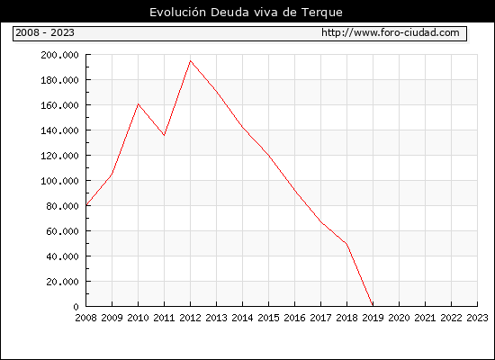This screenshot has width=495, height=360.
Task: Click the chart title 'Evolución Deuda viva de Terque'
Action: point(246,13)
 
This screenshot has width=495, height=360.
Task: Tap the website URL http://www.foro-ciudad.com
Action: point(391,32)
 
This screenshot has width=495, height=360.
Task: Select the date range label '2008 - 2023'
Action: point(45,32)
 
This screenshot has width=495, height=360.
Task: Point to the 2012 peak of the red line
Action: point(190,60)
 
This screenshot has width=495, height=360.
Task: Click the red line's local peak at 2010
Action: point(138,103)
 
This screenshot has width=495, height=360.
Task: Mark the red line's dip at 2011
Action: point(164,135)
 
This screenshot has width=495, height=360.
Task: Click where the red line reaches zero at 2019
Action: point(373,306)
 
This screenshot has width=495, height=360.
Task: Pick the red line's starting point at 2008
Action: point(86,205)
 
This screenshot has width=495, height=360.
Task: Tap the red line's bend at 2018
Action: point(346,244)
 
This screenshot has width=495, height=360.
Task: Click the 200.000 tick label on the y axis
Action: point(59,55)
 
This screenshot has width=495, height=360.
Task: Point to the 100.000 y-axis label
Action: point(59,181)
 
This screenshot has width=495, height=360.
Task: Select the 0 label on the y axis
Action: point(76,307)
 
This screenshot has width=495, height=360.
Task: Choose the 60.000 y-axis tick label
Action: point(62,231)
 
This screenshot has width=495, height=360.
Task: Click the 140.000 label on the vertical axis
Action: point(59,130)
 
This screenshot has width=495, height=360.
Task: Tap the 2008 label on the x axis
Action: point(85,318)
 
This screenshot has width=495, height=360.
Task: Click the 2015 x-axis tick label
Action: point(269,318)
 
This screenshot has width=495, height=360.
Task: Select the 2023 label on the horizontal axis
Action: point(477,318)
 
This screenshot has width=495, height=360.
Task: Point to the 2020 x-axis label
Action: point(399,318)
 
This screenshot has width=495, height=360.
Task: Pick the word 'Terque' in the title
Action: point(322,13)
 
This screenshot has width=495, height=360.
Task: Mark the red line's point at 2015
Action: point(269,156)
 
